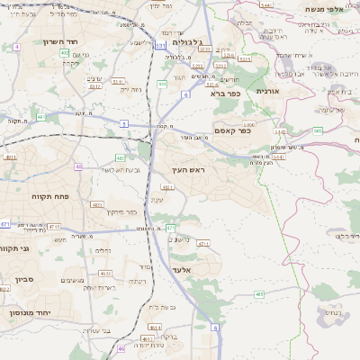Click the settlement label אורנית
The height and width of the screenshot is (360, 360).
268,92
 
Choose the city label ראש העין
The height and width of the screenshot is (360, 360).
190,169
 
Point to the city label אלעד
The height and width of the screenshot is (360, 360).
180,268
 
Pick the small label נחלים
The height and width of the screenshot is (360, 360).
103,251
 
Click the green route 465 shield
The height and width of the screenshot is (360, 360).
259,293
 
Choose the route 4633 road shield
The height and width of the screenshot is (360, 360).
105,274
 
